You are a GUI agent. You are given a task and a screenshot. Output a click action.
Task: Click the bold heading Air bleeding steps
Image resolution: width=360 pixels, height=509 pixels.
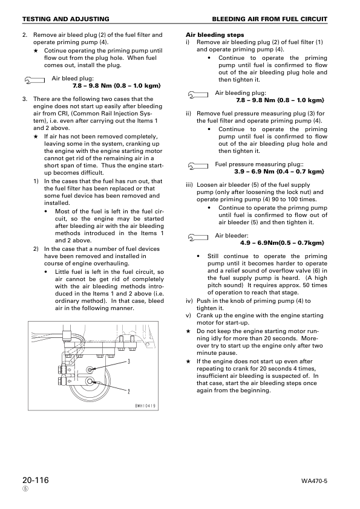coord(215,35)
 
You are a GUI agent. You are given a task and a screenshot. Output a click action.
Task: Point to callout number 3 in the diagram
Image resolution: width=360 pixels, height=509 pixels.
coord(129,361)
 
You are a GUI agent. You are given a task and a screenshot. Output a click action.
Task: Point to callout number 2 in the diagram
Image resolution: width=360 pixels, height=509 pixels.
coord(129,391)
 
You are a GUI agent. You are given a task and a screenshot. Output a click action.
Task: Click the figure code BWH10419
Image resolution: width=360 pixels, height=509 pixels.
coord(146,406)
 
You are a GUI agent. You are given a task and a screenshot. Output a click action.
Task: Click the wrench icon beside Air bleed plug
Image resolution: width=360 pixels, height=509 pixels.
coord(34,79)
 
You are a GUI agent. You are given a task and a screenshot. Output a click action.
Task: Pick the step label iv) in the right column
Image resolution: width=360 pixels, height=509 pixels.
coord(189,301)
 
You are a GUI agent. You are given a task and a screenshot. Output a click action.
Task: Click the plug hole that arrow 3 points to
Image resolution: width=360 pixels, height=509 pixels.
coord(90,369)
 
